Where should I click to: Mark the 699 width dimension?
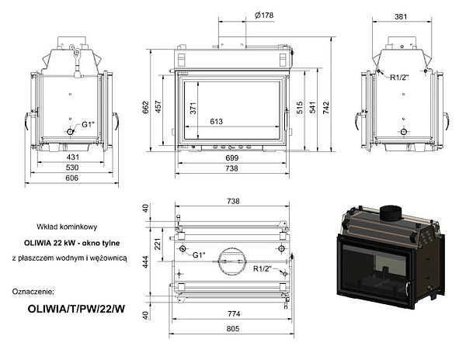[x=232, y=157]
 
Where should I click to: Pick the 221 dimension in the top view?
[x=157, y=244]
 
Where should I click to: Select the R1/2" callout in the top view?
[x=264, y=269]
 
